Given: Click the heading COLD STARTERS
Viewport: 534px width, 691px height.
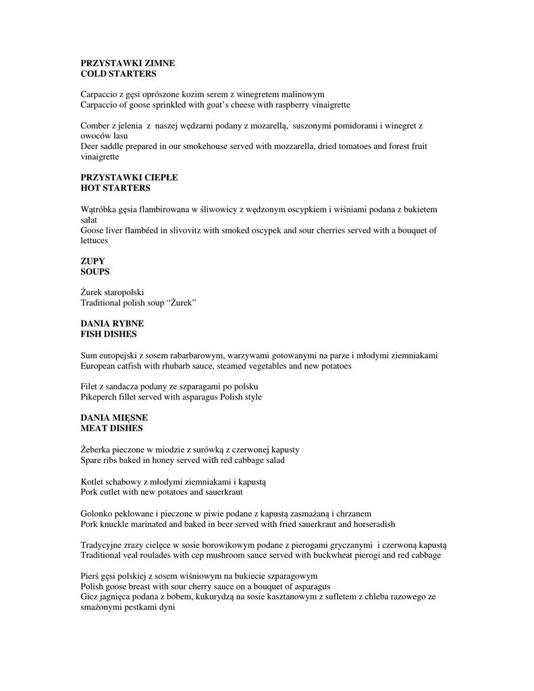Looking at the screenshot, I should (x=118, y=74).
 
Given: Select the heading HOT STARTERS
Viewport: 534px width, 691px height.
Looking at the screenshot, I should (x=115, y=188).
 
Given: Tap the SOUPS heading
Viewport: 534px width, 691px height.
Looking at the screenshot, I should (x=95, y=271).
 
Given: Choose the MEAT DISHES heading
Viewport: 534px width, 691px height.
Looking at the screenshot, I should (x=111, y=429).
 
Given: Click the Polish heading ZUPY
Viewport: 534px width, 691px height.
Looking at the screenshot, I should (x=92, y=261).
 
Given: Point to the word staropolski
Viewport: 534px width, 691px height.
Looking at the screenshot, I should (x=123, y=292).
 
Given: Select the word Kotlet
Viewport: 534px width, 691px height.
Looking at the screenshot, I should (x=92, y=482).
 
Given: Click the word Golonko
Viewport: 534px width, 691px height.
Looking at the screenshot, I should (x=97, y=514).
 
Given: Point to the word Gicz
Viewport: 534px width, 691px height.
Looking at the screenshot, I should (x=90, y=597).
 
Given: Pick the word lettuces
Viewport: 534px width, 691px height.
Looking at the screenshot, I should (x=95, y=240).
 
